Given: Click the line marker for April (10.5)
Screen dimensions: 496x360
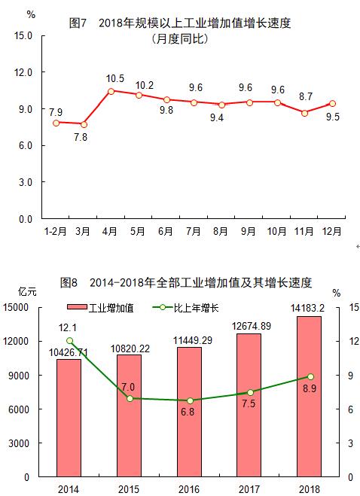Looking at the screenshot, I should (x=111, y=91).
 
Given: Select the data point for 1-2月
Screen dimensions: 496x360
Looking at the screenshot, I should (x=56, y=122).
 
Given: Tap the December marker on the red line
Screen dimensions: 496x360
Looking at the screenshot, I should (x=332, y=104).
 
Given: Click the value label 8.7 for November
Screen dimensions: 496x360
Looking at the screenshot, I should (x=305, y=96).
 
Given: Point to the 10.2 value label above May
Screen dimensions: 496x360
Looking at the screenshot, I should (x=139, y=84).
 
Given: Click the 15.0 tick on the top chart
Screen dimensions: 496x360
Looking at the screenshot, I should (x=23, y=35).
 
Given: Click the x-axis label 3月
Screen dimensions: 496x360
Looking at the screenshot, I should (x=84, y=232).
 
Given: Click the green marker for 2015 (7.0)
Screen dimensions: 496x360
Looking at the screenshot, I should (x=130, y=398).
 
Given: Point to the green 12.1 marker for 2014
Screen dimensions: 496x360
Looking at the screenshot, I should (x=69, y=340).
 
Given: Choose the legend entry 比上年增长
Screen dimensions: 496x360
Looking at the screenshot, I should (x=185, y=308).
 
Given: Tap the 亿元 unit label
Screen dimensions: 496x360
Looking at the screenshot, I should (x=28, y=291).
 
